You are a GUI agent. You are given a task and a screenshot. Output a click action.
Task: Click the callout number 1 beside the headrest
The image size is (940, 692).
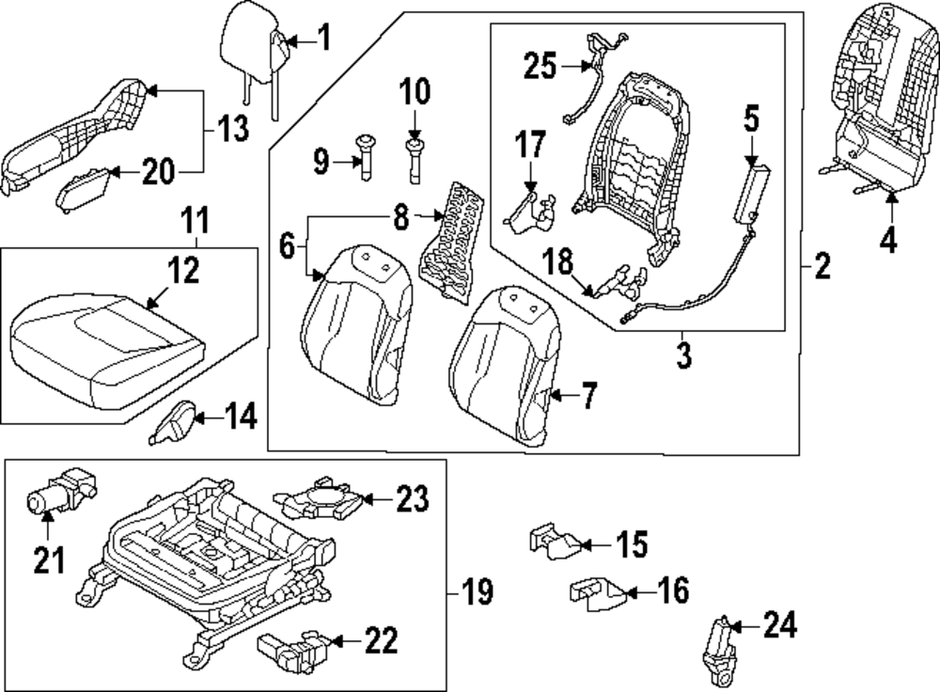click(x=322, y=39)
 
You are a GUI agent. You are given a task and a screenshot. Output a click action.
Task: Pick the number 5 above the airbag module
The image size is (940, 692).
click(x=751, y=120)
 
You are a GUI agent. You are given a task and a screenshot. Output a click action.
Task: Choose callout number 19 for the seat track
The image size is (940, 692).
click(x=478, y=592)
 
